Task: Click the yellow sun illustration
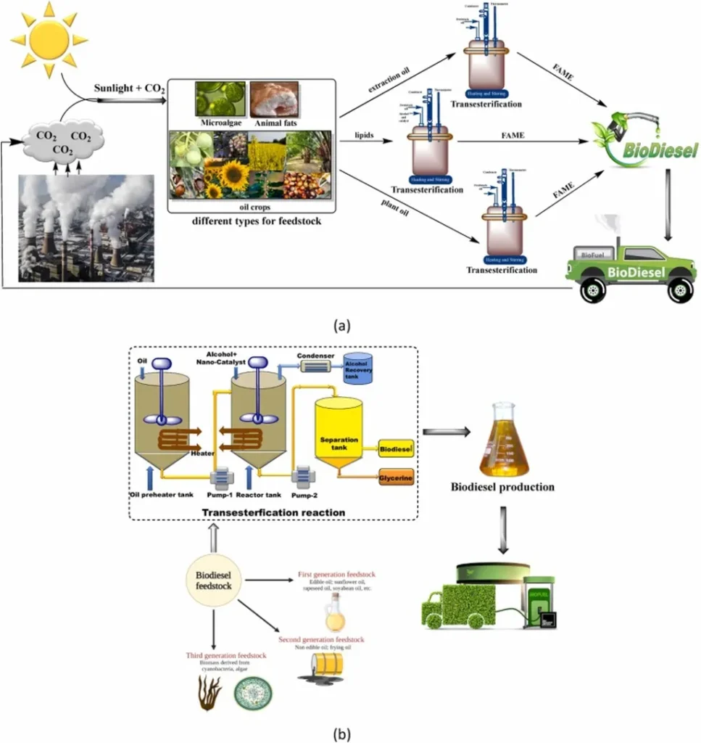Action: click(x=49, y=38)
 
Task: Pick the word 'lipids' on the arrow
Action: click(x=363, y=135)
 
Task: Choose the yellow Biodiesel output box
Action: click(x=397, y=451)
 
